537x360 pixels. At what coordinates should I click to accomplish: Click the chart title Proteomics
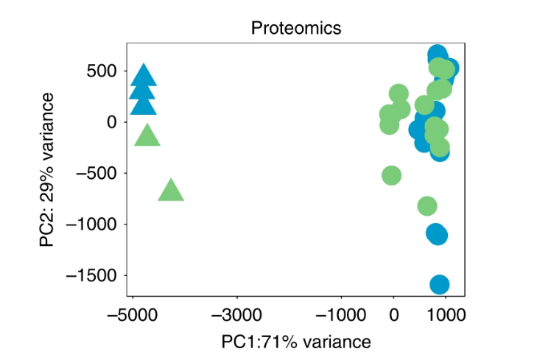click(x=296, y=28)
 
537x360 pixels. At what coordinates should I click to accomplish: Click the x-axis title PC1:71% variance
click(x=296, y=342)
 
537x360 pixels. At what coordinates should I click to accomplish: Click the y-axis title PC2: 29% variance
click(x=47, y=170)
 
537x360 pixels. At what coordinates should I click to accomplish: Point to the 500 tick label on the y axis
click(x=102, y=71)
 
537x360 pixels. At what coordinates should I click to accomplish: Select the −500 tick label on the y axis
click(x=96, y=173)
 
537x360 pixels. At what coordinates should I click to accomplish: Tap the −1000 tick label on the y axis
click(x=91, y=225)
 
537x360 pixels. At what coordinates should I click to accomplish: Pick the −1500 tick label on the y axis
click(x=91, y=275)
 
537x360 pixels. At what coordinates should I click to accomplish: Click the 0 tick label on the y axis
click(x=112, y=122)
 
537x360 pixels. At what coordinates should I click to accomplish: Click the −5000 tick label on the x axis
click(x=133, y=315)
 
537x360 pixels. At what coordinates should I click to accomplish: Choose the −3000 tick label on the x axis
click(x=237, y=315)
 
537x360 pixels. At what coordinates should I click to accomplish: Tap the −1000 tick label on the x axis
click(x=341, y=315)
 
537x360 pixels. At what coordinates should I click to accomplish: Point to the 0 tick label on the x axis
click(x=394, y=315)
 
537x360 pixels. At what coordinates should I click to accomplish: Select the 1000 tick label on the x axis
click(x=446, y=315)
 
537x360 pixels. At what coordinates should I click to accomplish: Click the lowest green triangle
click(x=171, y=191)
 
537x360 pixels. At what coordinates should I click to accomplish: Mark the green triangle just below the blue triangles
click(x=147, y=137)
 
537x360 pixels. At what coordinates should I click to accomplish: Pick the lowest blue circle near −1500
click(x=439, y=284)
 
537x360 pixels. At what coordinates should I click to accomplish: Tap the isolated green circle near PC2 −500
click(x=391, y=175)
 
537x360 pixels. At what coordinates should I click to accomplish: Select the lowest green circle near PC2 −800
click(x=427, y=206)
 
